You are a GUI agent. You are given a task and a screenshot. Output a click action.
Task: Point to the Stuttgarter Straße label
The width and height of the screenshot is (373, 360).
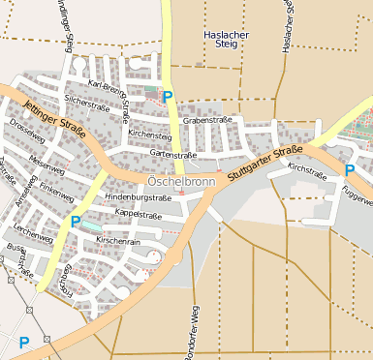[265, 164]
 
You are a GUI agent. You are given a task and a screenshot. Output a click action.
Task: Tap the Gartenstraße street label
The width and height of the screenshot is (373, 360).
[173, 154]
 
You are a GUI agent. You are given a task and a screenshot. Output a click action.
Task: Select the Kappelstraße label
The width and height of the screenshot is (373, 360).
[138, 214]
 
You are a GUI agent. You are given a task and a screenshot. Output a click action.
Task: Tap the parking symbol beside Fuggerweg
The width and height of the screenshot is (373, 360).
[349, 170]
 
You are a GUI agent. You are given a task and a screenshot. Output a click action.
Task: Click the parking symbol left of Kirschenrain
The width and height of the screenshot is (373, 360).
[75, 223]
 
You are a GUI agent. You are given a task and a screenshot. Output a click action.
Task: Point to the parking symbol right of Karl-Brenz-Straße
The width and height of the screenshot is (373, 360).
[167, 97]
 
